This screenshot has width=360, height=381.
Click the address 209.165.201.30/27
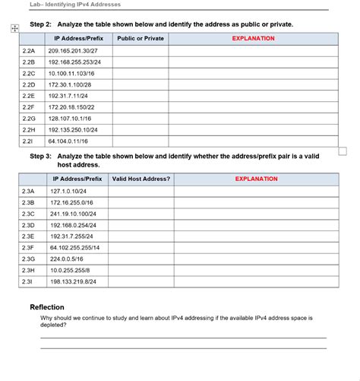coord(72,49)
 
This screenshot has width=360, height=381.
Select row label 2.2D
coord(29,84)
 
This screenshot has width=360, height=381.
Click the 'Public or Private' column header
coord(141,38)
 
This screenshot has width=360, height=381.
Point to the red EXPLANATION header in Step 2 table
coord(253,38)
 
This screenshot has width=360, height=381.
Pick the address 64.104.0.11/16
coord(68,141)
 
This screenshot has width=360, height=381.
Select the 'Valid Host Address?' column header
coord(141,179)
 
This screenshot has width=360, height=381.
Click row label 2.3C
coord(29,214)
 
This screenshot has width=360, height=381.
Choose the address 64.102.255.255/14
coord(74,247)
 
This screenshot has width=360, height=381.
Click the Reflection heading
coord(47,306)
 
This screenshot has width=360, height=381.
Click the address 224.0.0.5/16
coord(67,259)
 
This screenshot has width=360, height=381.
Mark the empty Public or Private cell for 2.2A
coord(141,49)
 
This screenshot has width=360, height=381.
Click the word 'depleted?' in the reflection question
coord(53,324)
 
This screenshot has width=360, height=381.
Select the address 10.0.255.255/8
coord(69,270)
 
